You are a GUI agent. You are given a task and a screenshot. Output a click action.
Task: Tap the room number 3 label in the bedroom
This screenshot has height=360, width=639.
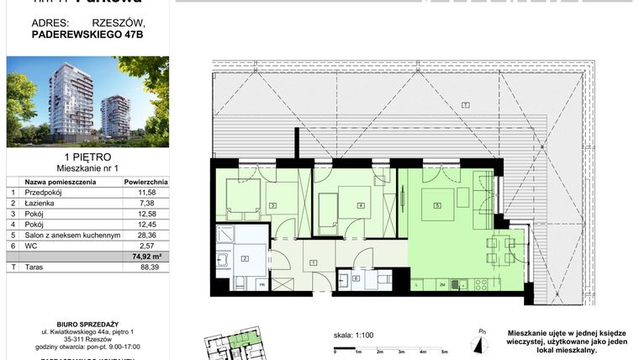(273, 205)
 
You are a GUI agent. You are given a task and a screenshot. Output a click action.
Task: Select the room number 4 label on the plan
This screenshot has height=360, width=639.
(361, 205)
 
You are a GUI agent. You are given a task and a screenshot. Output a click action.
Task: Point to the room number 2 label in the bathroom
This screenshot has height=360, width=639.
(245, 260)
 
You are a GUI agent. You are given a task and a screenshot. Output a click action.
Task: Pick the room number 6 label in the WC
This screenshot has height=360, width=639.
(356, 278)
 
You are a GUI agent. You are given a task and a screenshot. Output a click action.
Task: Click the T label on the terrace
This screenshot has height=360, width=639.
(464, 103)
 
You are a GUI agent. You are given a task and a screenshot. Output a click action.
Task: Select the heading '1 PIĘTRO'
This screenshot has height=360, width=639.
(87, 157)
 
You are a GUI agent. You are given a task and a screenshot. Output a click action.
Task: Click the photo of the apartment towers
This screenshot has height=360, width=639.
(87, 102)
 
